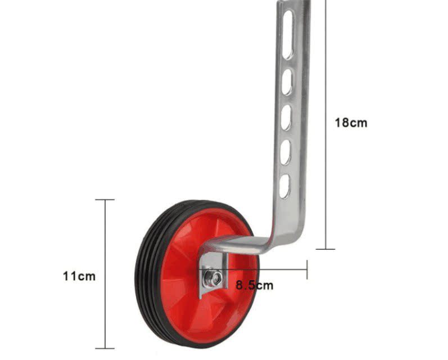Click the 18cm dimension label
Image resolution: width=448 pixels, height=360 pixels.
point(351,123)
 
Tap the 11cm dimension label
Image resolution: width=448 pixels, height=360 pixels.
point(79,277)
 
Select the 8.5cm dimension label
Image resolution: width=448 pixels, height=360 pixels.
point(254,285)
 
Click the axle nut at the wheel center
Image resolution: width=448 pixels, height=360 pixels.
point(214,277)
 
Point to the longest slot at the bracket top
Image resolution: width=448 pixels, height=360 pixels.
point(288,35)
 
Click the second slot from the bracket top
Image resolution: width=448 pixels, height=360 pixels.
point(287,82)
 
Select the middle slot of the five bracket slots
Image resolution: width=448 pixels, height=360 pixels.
point(286,118)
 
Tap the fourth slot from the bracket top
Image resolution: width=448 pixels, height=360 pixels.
point(285,152)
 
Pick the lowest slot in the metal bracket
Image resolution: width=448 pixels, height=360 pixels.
point(284,186)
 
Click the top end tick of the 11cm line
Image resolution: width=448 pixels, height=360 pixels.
point(105,200)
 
